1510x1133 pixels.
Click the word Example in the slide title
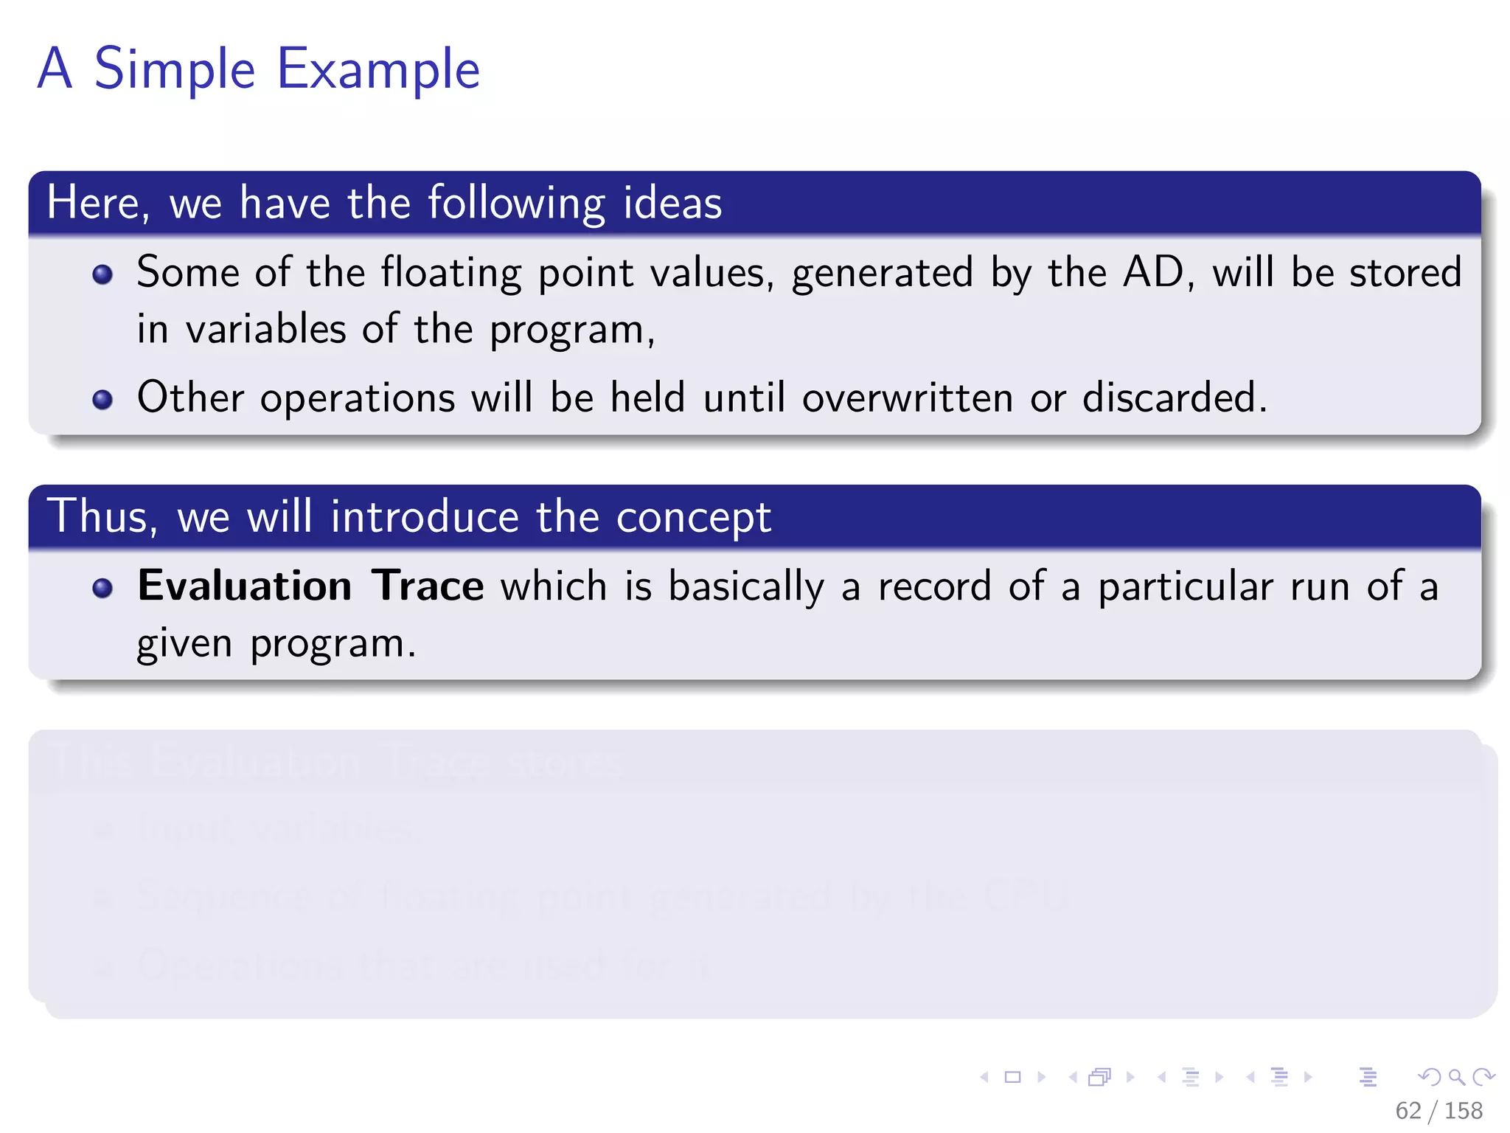(377, 70)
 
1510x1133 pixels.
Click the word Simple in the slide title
(175, 69)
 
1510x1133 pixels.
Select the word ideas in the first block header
(672, 203)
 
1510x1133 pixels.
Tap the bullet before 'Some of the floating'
(102, 275)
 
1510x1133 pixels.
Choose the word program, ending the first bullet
(572, 330)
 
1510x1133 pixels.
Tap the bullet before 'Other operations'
(102, 400)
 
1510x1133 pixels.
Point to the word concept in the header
(693, 517)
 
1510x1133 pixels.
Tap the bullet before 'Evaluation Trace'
(102, 588)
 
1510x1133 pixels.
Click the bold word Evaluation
(245, 586)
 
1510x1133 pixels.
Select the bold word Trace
(427, 586)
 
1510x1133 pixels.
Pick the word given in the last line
(184, 645)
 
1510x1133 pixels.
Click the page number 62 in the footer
(1408, 1110)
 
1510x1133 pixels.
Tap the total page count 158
(1464, 1110)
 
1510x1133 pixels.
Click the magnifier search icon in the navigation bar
(1456, 1077)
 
